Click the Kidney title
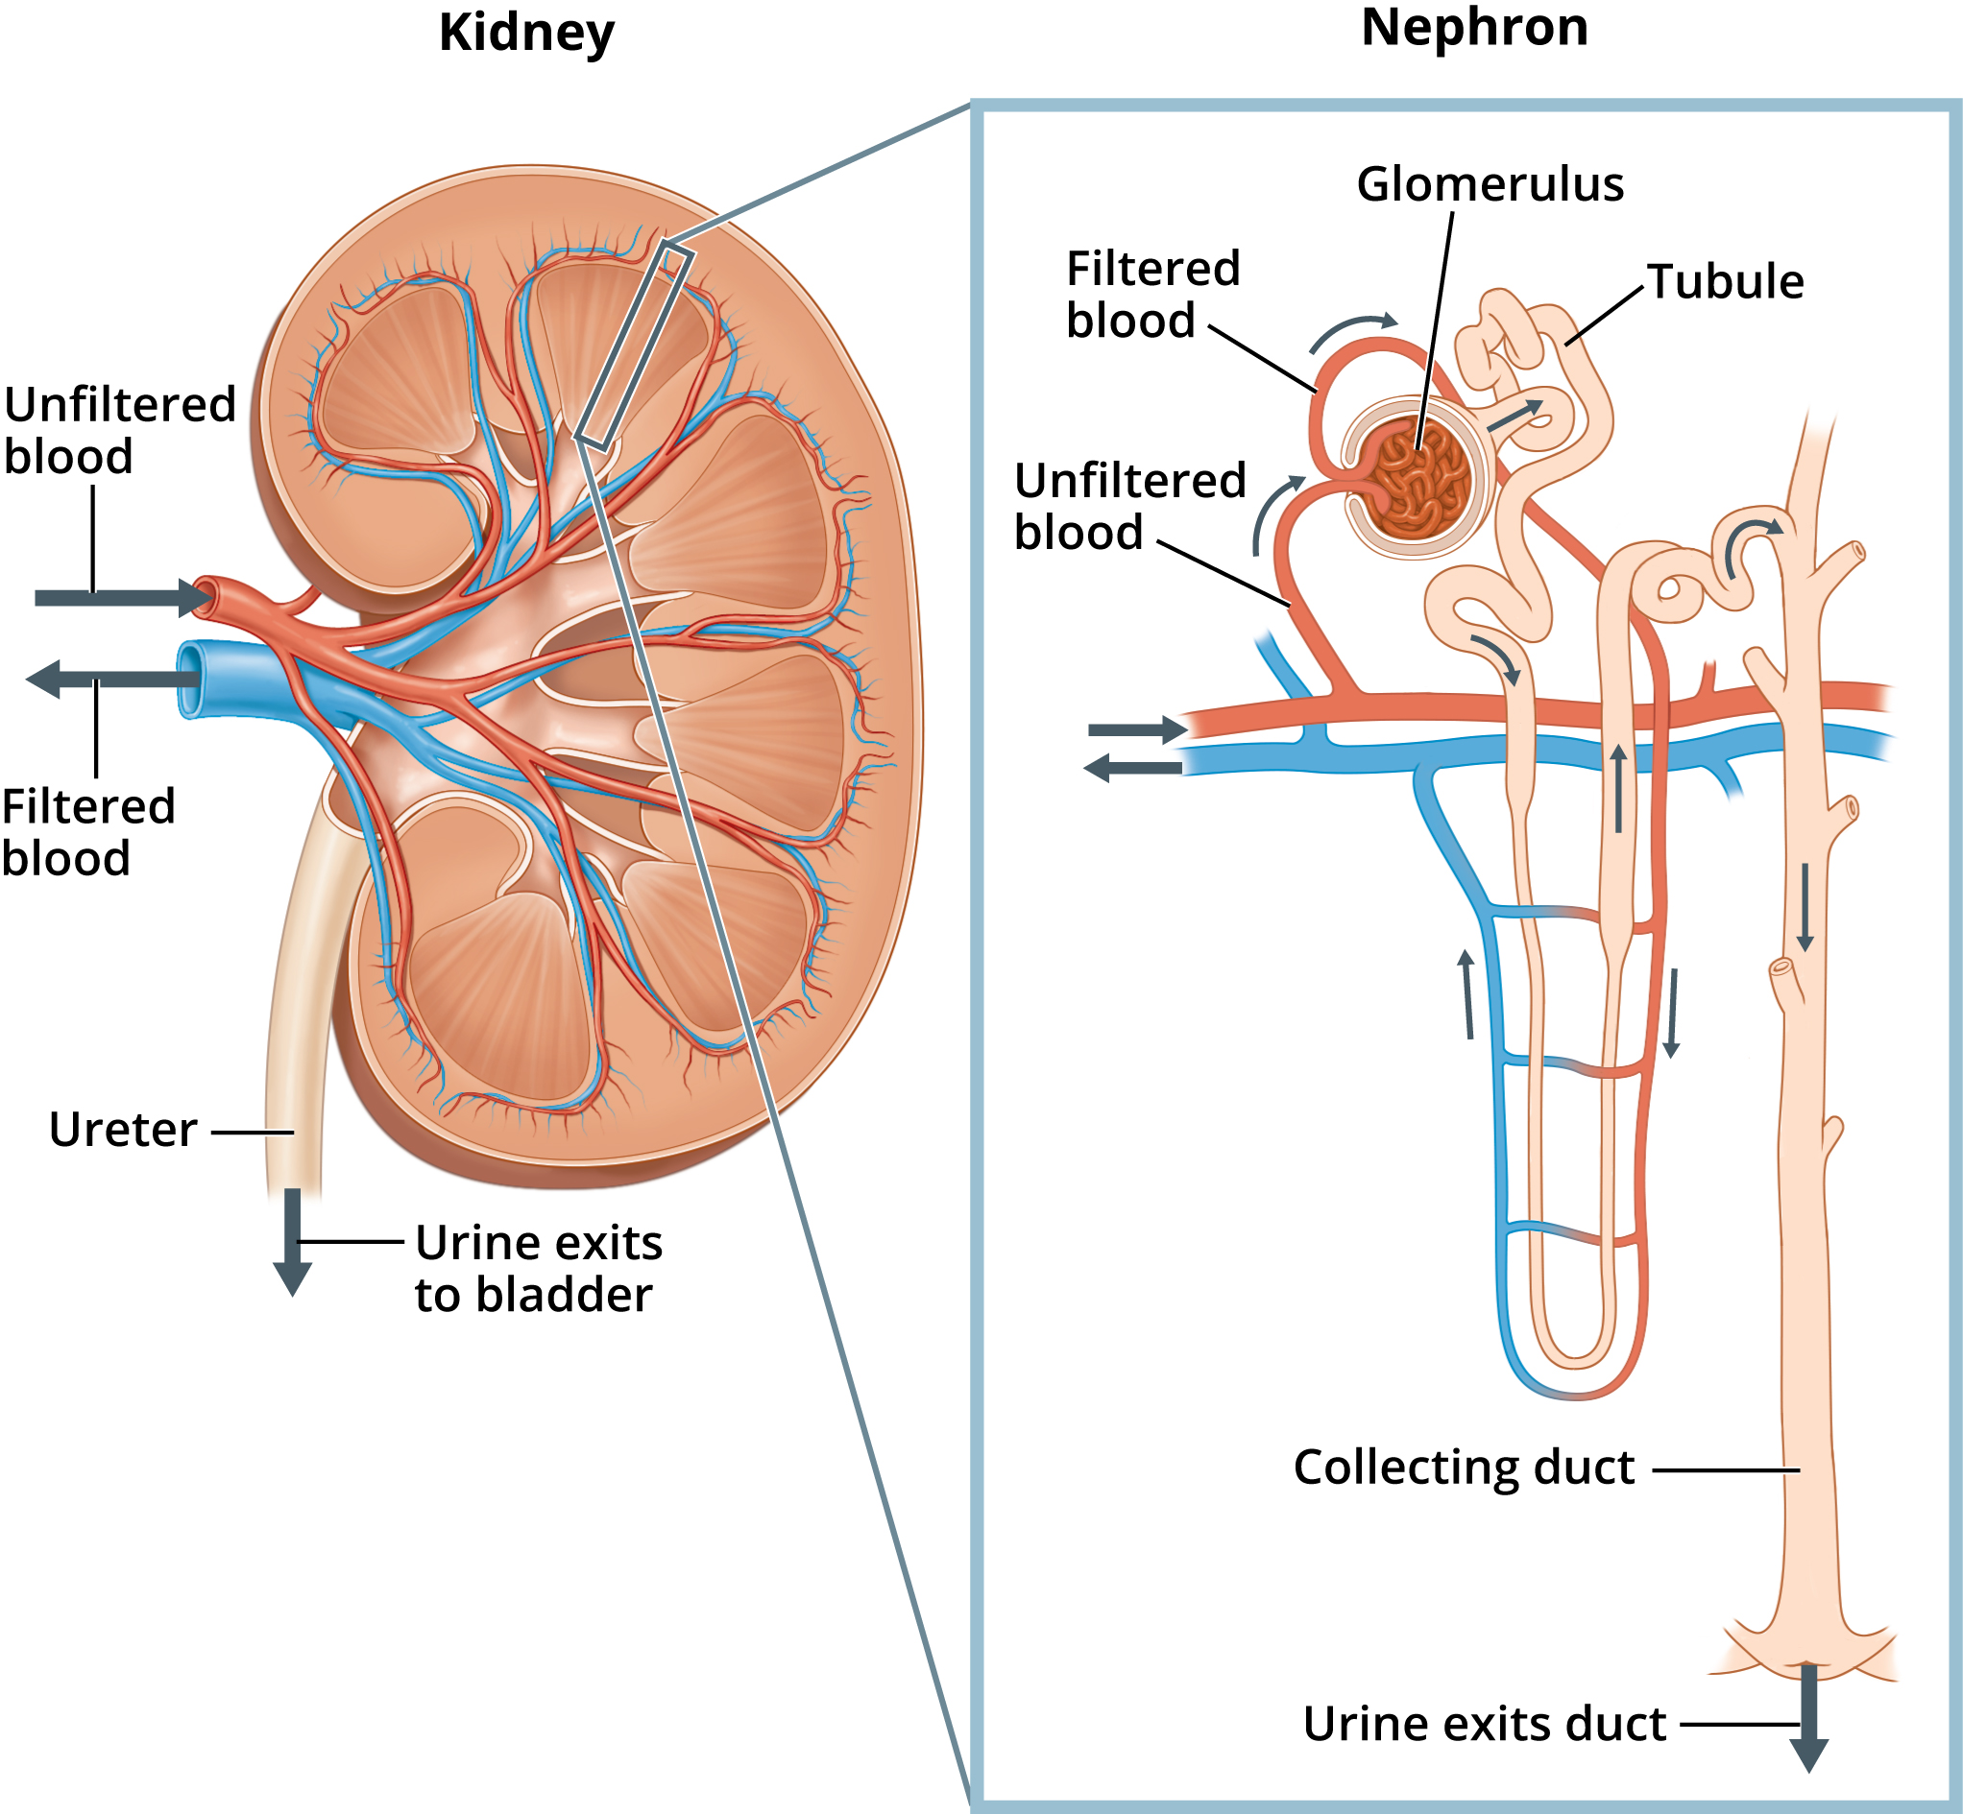coord(526,34)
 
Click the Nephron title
coord(1474,28)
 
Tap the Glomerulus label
coord(1490,184)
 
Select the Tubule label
coord(1726,282)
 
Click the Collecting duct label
coord(1464,1468)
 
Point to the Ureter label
coord(123,1130)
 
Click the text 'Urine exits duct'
coord(1484,1724)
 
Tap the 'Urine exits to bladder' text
coord(538,1268)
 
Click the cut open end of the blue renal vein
coord(189,680)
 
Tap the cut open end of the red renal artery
coord(206,596)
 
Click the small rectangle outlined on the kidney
coord(636,346)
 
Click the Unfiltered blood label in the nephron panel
coord(1129,507)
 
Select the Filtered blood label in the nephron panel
coord(1152,295)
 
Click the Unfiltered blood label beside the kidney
coord(119,431)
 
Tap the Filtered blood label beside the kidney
coord(88,832)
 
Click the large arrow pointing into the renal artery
coord(118,598)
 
